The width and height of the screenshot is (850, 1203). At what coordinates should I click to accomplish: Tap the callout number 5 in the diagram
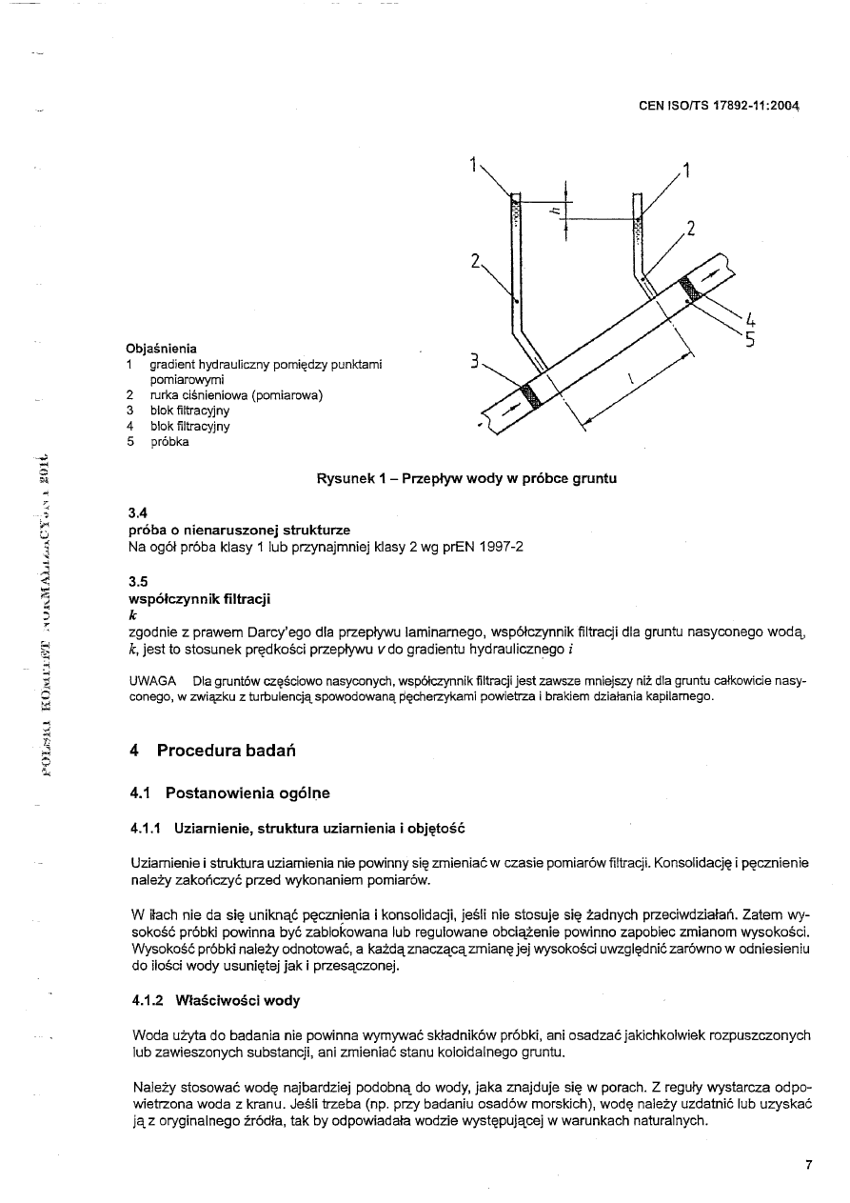pyautogui.click(x=750, y=338)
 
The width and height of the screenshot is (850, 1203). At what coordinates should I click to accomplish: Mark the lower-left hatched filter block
pyautogui.click(x=531, y=397)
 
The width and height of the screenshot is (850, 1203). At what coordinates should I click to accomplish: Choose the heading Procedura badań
pyautogui.click(x=227, y=751)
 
